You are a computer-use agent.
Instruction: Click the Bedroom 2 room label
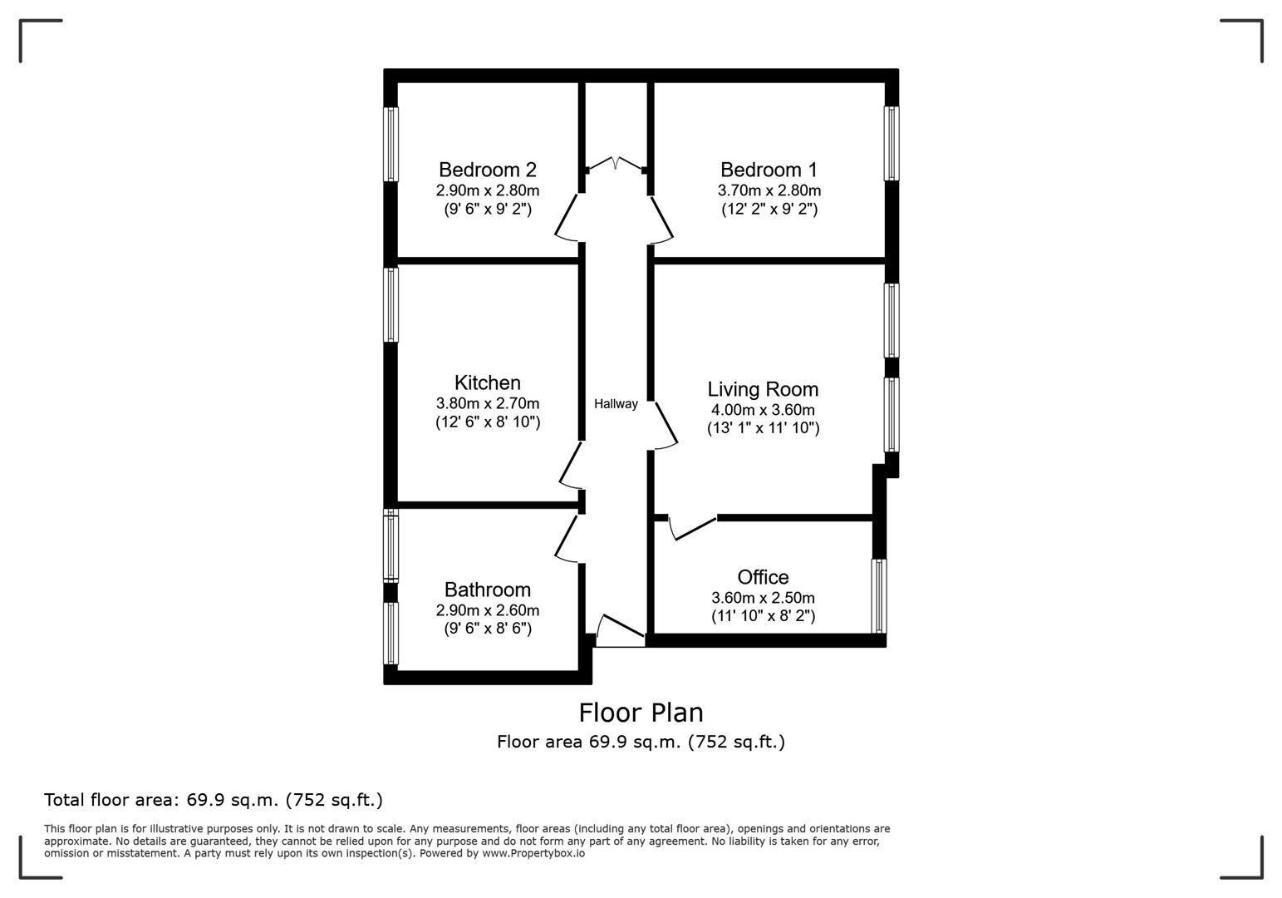[487, 170]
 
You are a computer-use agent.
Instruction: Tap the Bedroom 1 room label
[769, 170]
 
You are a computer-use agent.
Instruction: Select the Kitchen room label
[488, 382]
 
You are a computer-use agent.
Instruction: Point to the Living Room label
[763, 389]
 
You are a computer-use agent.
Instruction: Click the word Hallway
[616, 404]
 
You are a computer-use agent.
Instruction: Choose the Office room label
[763, 577]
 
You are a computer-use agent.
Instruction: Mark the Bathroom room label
[488, 590]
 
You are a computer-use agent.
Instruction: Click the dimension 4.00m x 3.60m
[763, 410]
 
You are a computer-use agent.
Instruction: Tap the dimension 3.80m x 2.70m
[488, 403]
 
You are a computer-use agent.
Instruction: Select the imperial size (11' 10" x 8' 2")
[763, 616]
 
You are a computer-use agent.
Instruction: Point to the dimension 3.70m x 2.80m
[769, 190]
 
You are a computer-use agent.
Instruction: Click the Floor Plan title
[641, 713]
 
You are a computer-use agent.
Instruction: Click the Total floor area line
[214, 800]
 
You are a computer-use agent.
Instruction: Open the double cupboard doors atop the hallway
[616, 164]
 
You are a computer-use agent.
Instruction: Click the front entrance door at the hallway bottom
[620, 632]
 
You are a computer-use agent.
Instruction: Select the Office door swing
[691, 528]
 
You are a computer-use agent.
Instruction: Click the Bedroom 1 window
[892, 143]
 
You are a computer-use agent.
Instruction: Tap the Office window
[878, 595]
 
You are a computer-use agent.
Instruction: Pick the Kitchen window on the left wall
[390, 304]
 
